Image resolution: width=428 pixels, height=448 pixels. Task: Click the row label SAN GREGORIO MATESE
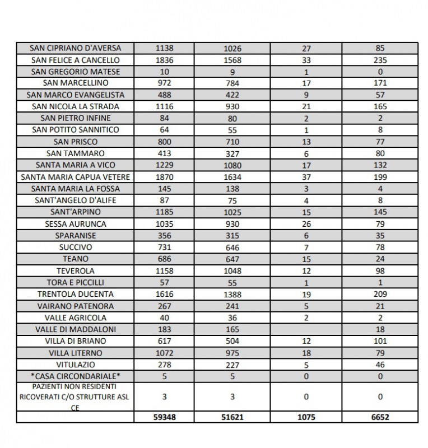75,72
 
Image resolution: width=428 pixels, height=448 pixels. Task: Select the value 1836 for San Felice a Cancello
164,60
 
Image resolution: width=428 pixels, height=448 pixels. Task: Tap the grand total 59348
164,417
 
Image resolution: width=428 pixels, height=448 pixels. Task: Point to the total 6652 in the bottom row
380,417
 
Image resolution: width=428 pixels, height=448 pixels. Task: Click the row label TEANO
75,259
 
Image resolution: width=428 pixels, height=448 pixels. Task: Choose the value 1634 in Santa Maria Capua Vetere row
232,177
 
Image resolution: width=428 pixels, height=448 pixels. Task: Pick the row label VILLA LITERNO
75,353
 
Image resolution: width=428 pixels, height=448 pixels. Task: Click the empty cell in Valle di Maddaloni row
306,329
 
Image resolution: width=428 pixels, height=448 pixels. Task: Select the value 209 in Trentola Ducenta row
380,294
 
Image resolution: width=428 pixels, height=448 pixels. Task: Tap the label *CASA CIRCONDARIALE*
75,376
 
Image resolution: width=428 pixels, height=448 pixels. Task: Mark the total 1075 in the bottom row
306,417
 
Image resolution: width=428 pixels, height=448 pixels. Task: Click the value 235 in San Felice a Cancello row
380,60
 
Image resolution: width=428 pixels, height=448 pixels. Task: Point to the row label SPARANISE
75,236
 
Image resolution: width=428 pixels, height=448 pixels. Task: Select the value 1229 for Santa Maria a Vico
164,165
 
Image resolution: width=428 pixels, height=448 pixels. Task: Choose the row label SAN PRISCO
75,142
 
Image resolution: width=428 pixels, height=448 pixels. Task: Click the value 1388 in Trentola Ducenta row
232,294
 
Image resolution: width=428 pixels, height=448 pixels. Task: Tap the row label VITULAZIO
75,365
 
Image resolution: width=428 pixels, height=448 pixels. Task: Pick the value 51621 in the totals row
232,417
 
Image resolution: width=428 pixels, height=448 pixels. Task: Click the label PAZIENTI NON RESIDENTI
75,386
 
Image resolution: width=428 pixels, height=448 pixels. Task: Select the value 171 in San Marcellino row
380,83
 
